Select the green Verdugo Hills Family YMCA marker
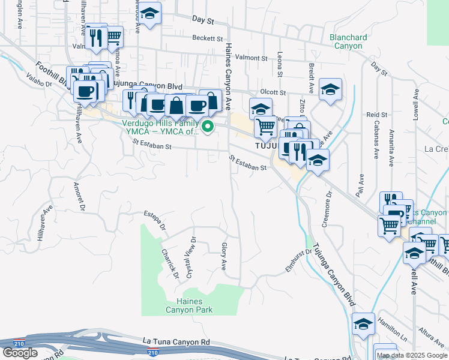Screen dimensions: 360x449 pyautogui.click(x=208, y=127)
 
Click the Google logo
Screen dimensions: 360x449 pyautogui.click(x=20, y=353)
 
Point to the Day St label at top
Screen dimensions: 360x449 pyautogui.click(x=203, y=20)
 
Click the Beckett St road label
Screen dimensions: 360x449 pyautogui.click(x=208, y=38)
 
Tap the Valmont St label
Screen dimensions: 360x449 pyautogui.click(x=252, y=58)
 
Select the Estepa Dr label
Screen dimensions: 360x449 pyautogui.click(x=154, y=222)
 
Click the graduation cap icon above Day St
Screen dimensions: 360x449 pyautogui.click(x=151, y=13)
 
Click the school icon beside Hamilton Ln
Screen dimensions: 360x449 pyautogui.click(x=363, y=324)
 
